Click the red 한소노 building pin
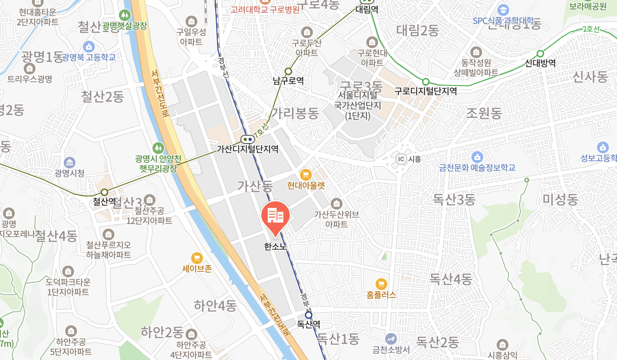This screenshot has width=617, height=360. click(275, 216)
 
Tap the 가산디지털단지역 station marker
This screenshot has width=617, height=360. click(247, 140)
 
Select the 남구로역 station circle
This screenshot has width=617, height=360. click(288, 71)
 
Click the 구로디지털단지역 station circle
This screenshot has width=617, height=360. click(426, 81)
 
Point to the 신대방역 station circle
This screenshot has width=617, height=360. click(540, 54)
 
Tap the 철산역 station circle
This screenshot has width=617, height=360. click(104, 192)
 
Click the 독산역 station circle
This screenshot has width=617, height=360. click(308, 315)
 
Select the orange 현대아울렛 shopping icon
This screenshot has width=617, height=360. click(306, 174)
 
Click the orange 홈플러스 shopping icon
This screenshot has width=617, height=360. click(381, 284)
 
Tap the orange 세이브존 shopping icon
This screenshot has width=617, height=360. click(197, 258)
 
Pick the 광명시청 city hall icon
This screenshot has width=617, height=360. click(70, 163)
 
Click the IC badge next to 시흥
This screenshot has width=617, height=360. click(401, 159)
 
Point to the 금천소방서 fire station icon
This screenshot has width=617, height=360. click(391, 339)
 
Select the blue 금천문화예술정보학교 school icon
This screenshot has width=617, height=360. click(477, 157)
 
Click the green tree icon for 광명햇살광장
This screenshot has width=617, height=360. click(125, 15)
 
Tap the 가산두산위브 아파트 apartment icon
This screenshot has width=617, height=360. click(336, 203)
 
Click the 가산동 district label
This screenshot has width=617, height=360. click(255, 186)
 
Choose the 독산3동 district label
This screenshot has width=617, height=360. click(454, 200)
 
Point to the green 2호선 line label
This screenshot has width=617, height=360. click(591, 29)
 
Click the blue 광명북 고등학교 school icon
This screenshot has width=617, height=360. click(89, 47)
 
